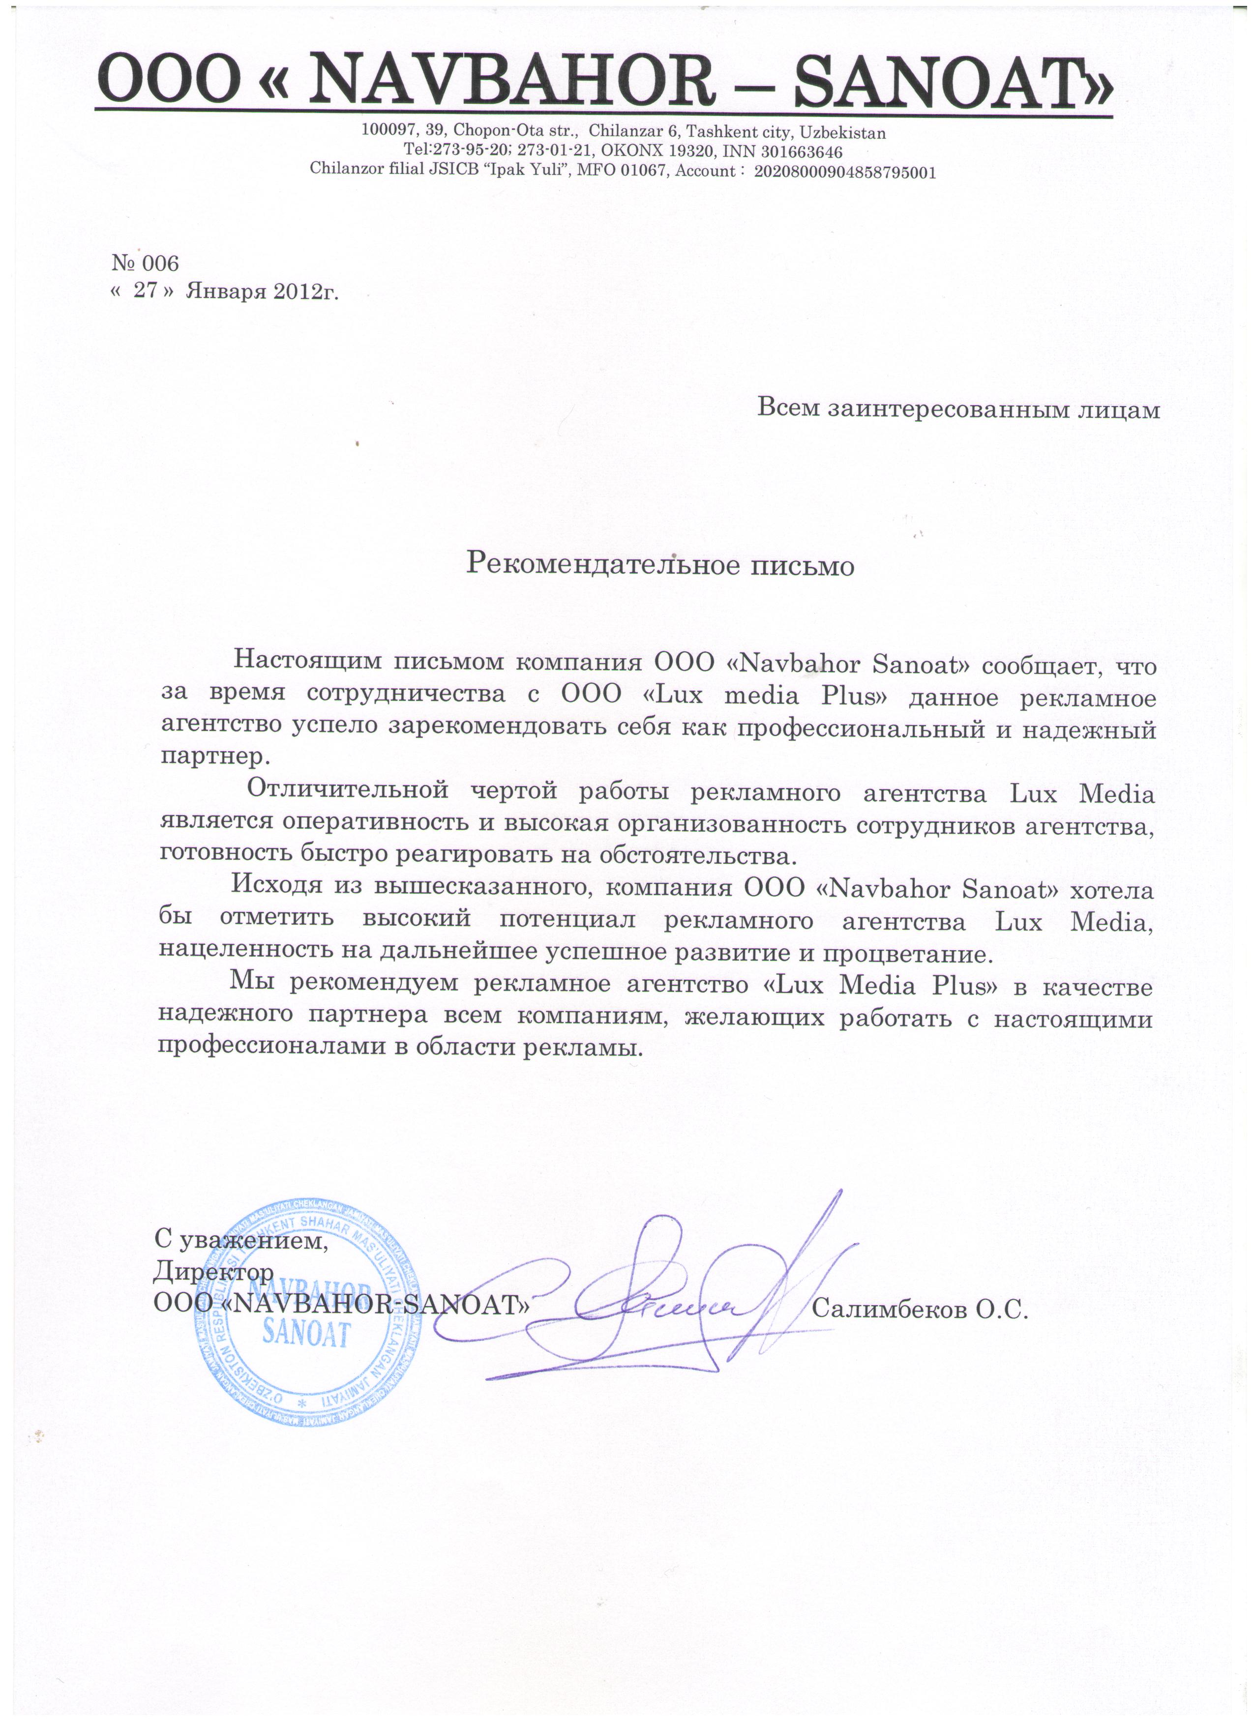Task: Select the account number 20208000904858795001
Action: click(844, 172)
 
